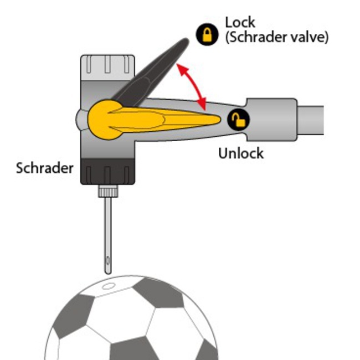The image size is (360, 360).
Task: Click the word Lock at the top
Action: click(x=240, y=23)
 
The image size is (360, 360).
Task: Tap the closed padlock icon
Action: click(x=207, y=35)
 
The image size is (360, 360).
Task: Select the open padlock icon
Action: click(x=239, y=119)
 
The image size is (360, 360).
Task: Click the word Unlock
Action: click(x=241, y=153)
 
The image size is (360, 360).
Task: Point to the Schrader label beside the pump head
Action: click(x=44, y=168)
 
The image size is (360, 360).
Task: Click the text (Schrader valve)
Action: click(x=277, y=38)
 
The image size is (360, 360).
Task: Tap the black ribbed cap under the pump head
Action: click(x=107, y=172)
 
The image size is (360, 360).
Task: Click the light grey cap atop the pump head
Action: click(x=107, y=67)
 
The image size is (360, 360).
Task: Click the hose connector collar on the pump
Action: click(x=271, y=118)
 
